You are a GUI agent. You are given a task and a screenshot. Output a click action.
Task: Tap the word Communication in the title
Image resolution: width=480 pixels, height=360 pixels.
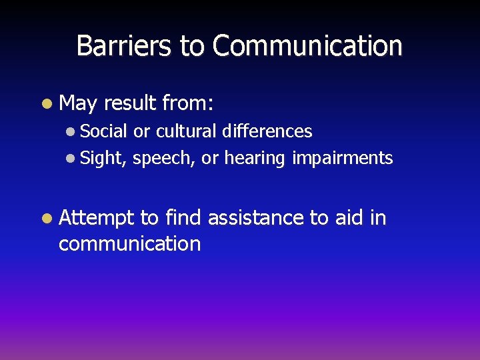pos(307,46)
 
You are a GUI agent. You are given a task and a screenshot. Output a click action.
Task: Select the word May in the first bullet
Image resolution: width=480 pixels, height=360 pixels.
pos(78,103)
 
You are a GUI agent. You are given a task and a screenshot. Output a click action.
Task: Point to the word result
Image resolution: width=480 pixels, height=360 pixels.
pos(131,103)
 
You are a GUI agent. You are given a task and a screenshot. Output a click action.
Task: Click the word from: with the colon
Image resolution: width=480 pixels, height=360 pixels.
pos(187,103)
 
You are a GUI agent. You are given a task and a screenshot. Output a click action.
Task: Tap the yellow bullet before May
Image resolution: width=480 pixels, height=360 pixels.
pos(45,104)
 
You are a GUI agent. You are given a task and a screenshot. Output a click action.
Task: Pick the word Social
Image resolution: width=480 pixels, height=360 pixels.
pos(104,131)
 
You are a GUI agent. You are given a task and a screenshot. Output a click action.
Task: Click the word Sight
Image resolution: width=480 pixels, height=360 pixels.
pos(103,159)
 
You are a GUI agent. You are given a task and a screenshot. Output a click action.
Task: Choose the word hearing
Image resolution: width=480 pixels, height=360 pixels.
pos(255,159)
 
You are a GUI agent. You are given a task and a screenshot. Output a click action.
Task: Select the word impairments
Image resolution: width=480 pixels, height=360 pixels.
pos(343,158)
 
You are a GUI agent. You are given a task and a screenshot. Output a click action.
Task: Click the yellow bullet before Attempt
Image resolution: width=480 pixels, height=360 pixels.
pos(45,219)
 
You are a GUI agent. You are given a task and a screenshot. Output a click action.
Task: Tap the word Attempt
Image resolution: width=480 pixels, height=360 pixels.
pos(97,218)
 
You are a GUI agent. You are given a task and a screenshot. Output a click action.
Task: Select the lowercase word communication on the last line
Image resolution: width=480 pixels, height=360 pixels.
pos(129,244)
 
